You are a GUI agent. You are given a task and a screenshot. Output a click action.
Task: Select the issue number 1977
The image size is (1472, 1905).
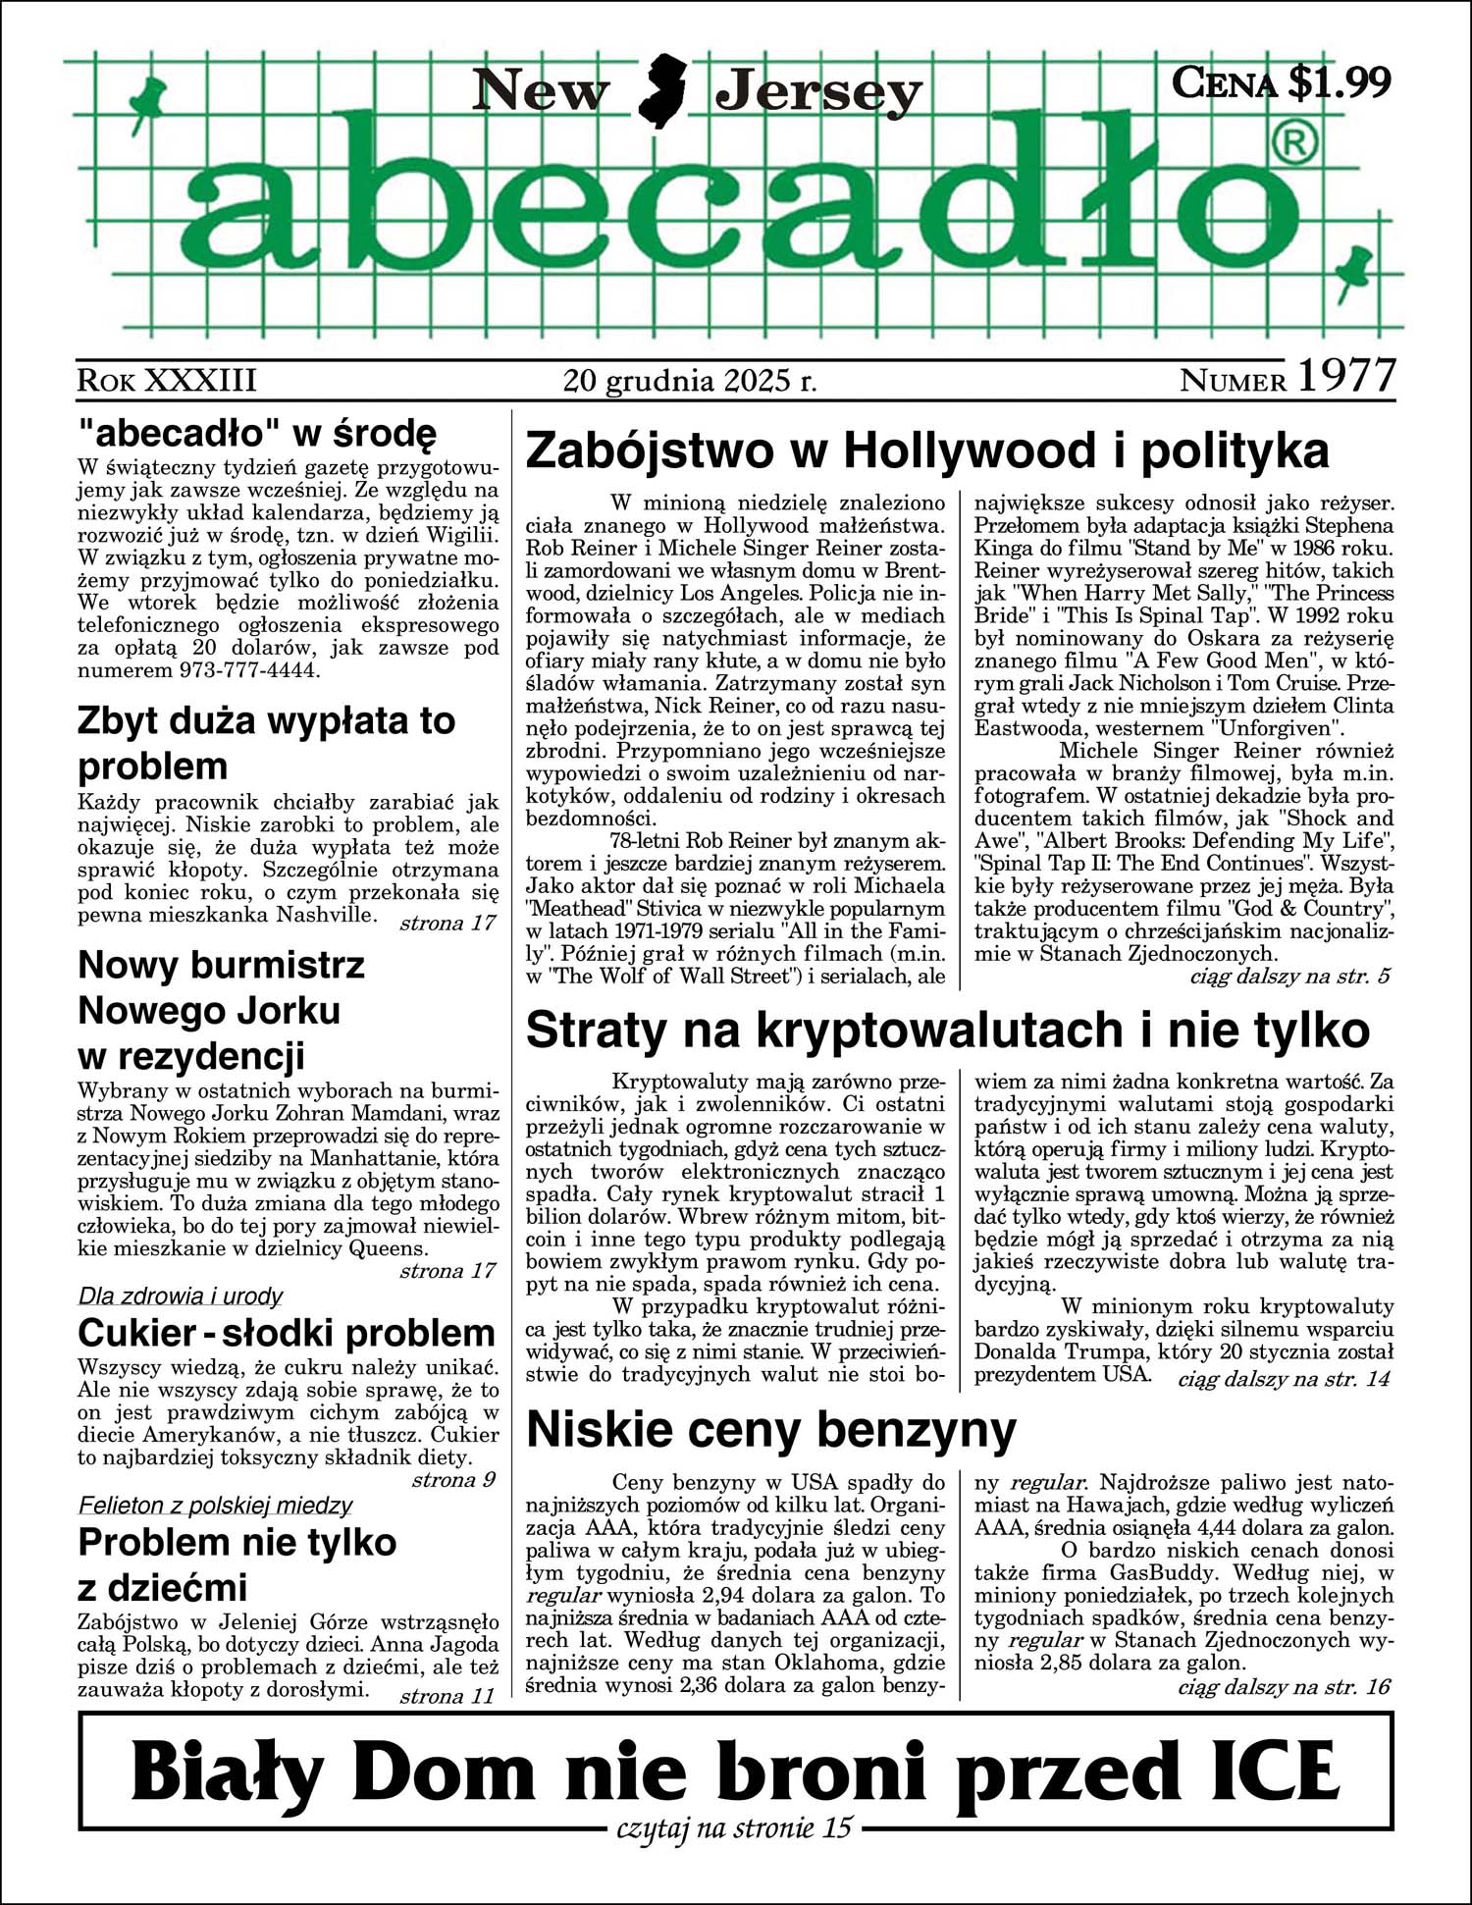coord(1346,376)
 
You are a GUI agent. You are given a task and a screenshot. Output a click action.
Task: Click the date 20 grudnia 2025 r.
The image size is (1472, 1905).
coord(690,380)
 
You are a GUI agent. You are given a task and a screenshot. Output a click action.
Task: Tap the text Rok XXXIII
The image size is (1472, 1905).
coord(167,381)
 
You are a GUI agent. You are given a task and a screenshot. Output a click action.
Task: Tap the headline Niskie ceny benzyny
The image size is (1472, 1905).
coord(771,1430)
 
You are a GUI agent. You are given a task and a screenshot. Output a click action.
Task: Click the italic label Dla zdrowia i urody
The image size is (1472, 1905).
coord(181,1296)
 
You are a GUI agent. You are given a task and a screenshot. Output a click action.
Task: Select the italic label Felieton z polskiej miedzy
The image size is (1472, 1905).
coord(215,1506)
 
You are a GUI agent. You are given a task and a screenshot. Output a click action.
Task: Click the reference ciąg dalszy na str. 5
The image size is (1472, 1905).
coord(1289,977)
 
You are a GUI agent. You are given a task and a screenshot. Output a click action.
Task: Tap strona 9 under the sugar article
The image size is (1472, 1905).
coord(453,1480)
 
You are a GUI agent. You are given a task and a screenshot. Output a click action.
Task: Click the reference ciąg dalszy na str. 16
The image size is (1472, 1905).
coord(1284,1686)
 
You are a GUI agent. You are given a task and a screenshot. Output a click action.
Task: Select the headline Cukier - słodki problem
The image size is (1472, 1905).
coord(287,1333)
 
